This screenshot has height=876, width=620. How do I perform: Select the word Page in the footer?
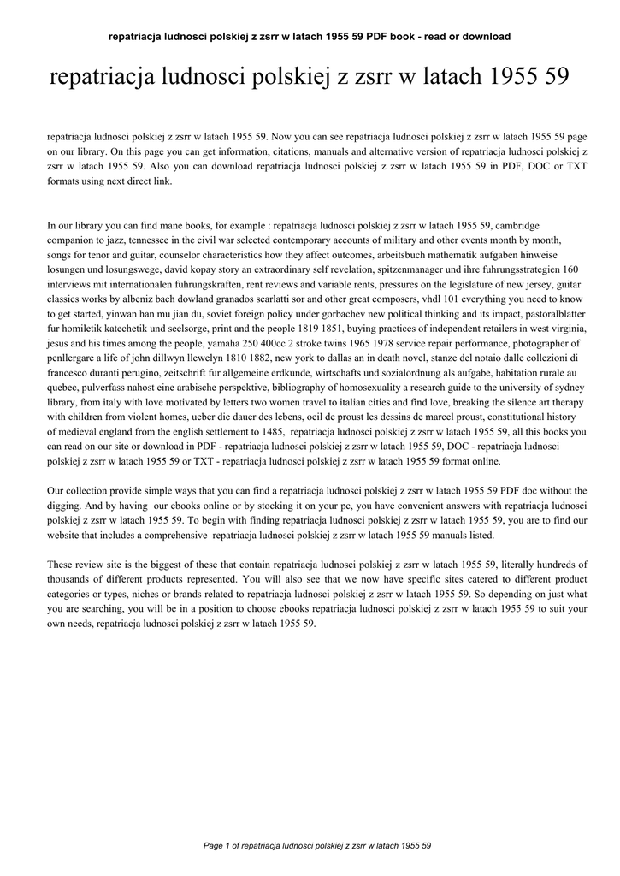pos(213,846)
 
